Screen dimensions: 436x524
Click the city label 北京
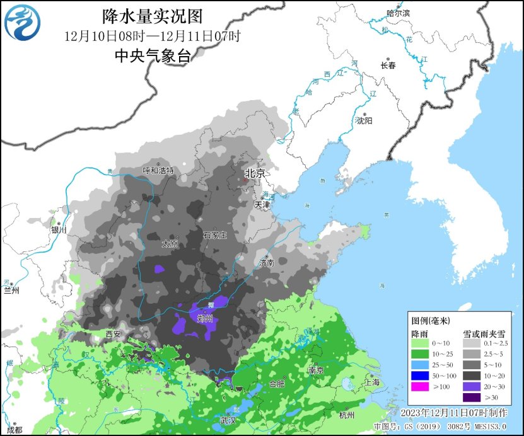pyautogui.click(x=255, y=173)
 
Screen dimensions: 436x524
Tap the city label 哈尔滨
pyautogui.click(x=398, y=13)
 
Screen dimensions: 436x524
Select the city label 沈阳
pyautogui.click(x=364, y=120)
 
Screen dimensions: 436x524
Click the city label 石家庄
pyautogui.click(x=214, y=234)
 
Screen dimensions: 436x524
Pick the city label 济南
pyautogui.click(x=266, y=262)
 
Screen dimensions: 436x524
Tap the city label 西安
pyautogui.click(x=113, y=334)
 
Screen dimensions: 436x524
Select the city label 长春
pyautogui.click(x=388, y=65)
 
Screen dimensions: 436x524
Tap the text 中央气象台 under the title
pyautogui.click(x=153, y=55)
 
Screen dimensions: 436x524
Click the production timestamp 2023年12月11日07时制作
pyautogui.click(x=454, y=413)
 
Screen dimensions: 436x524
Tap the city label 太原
pyautogui.click(x=170, y=243)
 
